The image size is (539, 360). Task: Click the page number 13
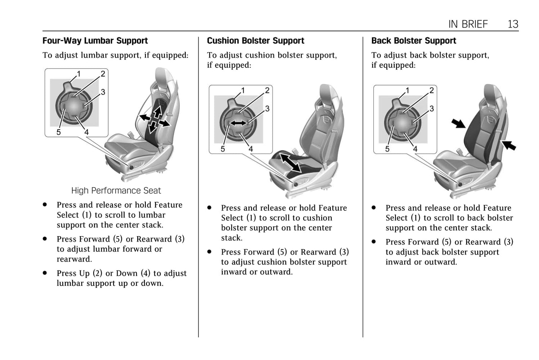pyautogui.click(x=513, y=24)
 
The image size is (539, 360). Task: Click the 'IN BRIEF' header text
pyautogui.click(x=468, y=24)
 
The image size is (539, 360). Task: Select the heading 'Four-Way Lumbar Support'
pyautogui.click(x=95, y=41)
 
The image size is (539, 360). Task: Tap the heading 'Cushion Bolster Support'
pyautogui.click(x=256, y=41)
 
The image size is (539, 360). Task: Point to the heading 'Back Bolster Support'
pyautogui.click(x=414, y=41)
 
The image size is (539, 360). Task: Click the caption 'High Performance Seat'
pyautogui.click(x=116, y=191)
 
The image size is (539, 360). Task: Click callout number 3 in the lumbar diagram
pyautogui.click(x=103, y=92)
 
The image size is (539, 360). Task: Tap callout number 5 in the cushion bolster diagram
pyautogui.click(x=223, y=149)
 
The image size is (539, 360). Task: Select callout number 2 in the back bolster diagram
pyautogui.click(x=432, y=90)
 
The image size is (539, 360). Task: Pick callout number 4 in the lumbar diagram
pyautogui.click(x=87, y=132)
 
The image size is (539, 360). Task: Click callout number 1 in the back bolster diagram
pyautogui.click(x=407, y=90)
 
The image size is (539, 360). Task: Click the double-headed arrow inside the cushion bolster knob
pyautogui.click(x=238, y=123)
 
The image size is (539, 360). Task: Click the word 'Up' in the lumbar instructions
pyautogui.click(x=84, y=273)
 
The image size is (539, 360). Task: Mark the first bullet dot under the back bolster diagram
pyautogui.click(x=374, y=208)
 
